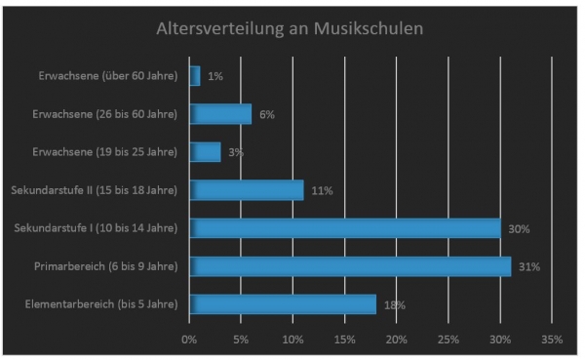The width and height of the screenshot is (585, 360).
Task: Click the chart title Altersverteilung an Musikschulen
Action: coord(290,28)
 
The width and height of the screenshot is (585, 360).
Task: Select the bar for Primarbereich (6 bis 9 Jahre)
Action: coord(350,266)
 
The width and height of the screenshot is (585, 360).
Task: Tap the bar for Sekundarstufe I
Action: coord(345,228)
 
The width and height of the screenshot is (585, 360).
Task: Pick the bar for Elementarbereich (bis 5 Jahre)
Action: coord(283,304)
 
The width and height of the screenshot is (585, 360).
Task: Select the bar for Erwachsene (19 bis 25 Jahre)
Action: coord(206,152)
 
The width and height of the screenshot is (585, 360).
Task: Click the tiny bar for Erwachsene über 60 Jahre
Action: coord(195,76)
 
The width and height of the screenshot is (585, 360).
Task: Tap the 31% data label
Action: coord(528,266)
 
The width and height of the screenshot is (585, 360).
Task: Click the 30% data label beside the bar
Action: coord(519,229)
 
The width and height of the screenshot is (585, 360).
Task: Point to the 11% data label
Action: coord(322,191)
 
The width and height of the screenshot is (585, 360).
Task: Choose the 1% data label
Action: coord(214,76)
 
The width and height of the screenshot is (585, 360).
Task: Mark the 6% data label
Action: coord(267,114)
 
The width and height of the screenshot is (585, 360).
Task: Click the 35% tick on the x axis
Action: coord(551,340)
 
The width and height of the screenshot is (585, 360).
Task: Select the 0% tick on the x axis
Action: coord(189,340)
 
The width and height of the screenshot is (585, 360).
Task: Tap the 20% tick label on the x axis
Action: coord(396,340)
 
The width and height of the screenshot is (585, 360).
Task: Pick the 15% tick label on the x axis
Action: coord(344,340)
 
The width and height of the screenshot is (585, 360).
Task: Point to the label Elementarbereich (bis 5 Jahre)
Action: coord(100,304)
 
